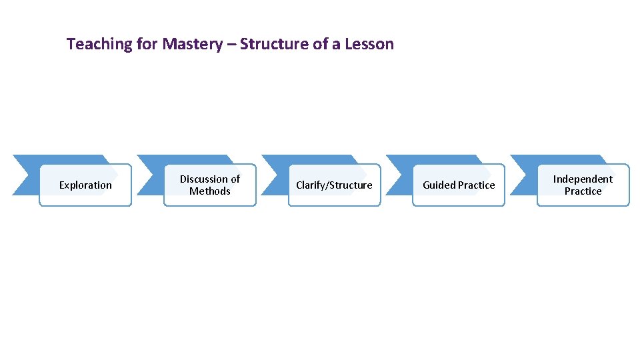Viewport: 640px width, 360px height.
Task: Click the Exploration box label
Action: [85, 185]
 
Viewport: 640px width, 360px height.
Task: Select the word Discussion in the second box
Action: [199, 179]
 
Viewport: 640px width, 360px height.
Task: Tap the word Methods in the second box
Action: [210, 191]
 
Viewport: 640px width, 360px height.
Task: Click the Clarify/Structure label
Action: [334, 185]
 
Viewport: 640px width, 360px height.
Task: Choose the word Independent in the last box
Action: [583, 179]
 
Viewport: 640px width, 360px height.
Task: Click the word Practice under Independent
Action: [583, 191]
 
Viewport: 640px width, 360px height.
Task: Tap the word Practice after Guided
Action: [477, 185]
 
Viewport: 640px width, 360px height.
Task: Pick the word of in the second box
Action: [233, 179]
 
